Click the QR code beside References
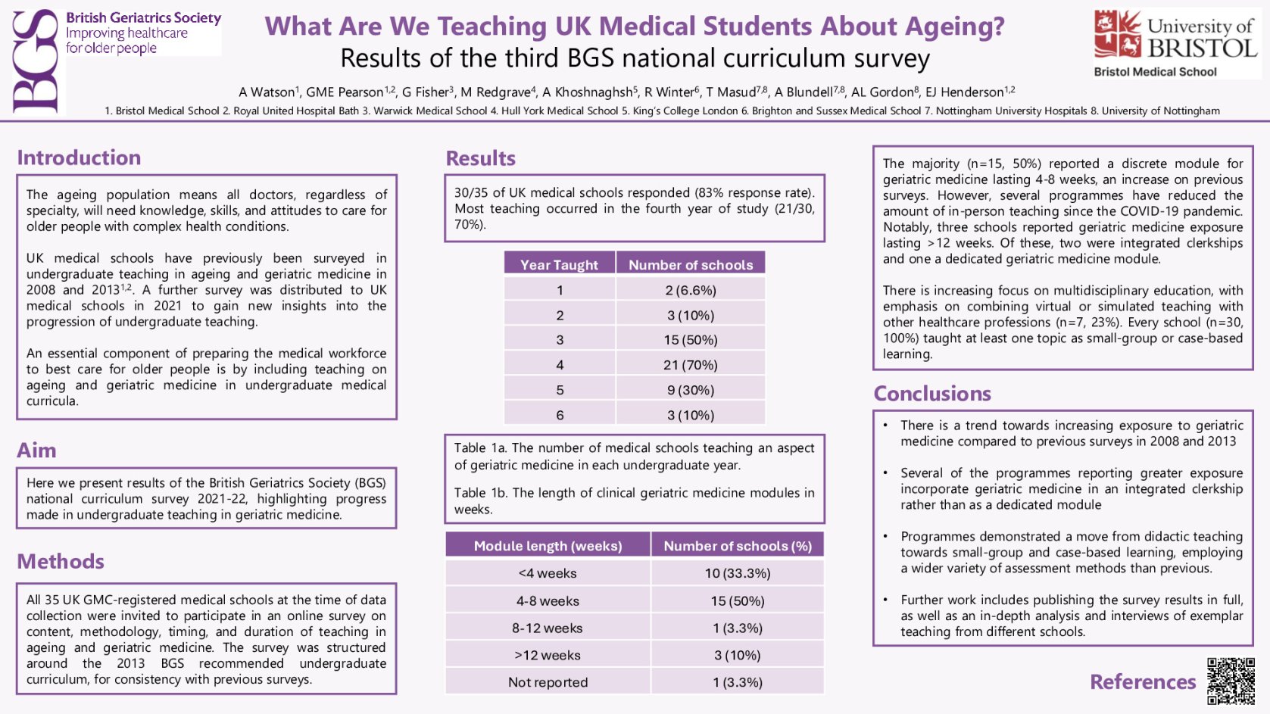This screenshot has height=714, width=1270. click(x=1230, y=680)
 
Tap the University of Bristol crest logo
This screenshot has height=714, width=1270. click(x=1118, y=34)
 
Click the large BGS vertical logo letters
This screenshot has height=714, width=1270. click(x=36, y=61)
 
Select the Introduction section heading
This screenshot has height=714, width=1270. click(x=79, y=157)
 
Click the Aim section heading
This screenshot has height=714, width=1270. click(x=36, y=451)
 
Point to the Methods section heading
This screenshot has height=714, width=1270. click(x=61, y=562)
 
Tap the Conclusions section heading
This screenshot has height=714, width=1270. click(x=932, y=394)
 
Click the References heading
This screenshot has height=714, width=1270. click(x=1142, y=681)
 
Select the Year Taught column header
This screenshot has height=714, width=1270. click(x=559, y=264)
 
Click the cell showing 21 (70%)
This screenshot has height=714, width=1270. click(x=690, y=365)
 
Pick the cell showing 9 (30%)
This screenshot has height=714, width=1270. click(x=690, y=390)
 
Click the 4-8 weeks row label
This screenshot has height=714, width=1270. click(x=548, y=601)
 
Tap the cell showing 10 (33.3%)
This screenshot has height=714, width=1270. click(x=737, y=573)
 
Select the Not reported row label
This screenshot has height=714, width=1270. click(x=548, y=682)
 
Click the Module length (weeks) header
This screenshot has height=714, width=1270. click(x=548, y=546)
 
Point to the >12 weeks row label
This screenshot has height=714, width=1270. click(x=548, y=655)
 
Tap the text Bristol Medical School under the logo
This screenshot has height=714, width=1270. click(x=1155, y=72)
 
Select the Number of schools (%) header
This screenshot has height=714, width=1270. click(x=737, y=546)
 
